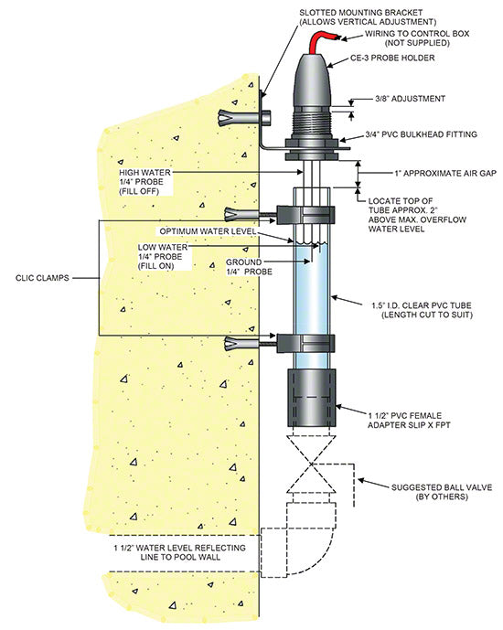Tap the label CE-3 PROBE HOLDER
coord(392,58)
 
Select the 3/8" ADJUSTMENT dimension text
coord(410,99)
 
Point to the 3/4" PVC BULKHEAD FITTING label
coord(421,134)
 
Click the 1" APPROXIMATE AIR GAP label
coord(445,173)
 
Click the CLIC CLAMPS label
coord(42,278)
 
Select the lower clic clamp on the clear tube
coord(305,344)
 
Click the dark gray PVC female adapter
coord(311,398)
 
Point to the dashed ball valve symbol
coord(312,464)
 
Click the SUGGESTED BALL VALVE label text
coord(442,492)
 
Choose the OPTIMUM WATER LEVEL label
coord(208,231)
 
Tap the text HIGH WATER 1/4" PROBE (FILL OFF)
coord(145,182)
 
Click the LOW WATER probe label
coord(163,256)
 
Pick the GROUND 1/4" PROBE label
coord(249,267)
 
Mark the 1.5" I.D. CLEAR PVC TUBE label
coord(422,310)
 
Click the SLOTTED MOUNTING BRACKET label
coord(368,17)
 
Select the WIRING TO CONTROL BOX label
coord(417,38)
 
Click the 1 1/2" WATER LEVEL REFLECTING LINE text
coord(179,552)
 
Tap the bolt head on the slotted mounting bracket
coord(267,118)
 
